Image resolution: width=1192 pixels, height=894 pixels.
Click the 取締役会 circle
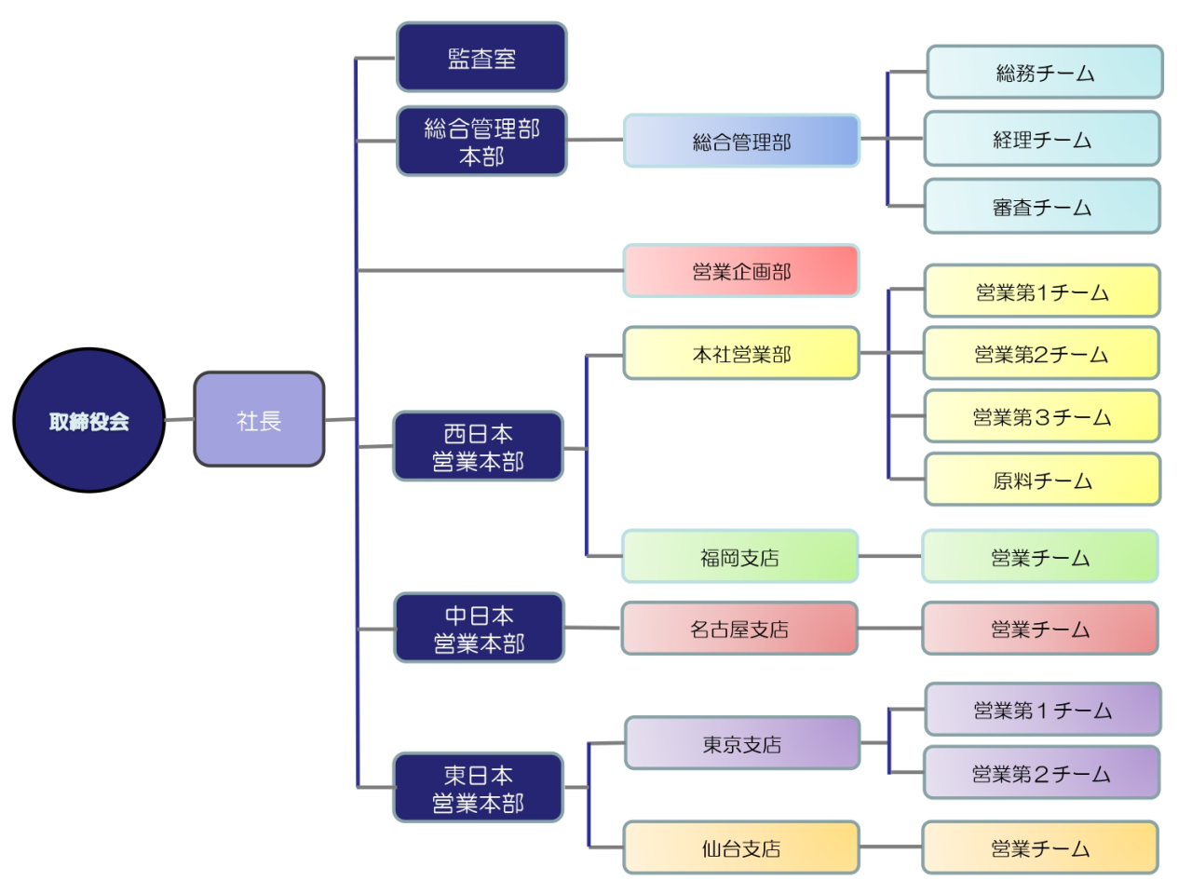[x=89, y=421]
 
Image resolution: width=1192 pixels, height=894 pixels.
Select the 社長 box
[x=259, y=420]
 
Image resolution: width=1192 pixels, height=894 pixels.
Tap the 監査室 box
[x=481, y=58]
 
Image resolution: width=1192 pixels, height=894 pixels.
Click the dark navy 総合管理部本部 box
[x=481, y=142]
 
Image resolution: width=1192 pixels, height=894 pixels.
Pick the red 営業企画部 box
[x=741, y=271]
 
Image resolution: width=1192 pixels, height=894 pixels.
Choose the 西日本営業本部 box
[x=479, y=447]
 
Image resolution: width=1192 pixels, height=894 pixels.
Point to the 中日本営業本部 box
[x=480, y=629]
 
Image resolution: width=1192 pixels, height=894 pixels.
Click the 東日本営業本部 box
[x=479, y=788]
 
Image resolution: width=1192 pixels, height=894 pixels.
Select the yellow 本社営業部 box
[x=741, y=354]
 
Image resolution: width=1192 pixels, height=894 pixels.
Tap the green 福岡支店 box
[x=740, y=557]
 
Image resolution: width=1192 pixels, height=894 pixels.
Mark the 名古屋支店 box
[x=739, y=629]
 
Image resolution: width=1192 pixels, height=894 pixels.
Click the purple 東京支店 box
[x=742, y=743]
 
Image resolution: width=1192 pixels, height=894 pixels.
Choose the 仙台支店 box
[x=741, y=847]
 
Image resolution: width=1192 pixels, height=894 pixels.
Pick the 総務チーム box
[x=1045, y=73]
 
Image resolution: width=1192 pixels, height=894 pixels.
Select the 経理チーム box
[x=1042, y=140]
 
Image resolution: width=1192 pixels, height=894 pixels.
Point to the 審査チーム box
[x=1042, y=207]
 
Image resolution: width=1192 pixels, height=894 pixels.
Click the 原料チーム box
[x=1043, y=481]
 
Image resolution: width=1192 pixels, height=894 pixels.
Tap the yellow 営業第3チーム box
[x=1042, y=416]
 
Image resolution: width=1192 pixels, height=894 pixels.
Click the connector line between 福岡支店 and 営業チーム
[x=890, y=556]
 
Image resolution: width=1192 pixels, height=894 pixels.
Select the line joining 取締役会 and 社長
[x=180, y=420]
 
